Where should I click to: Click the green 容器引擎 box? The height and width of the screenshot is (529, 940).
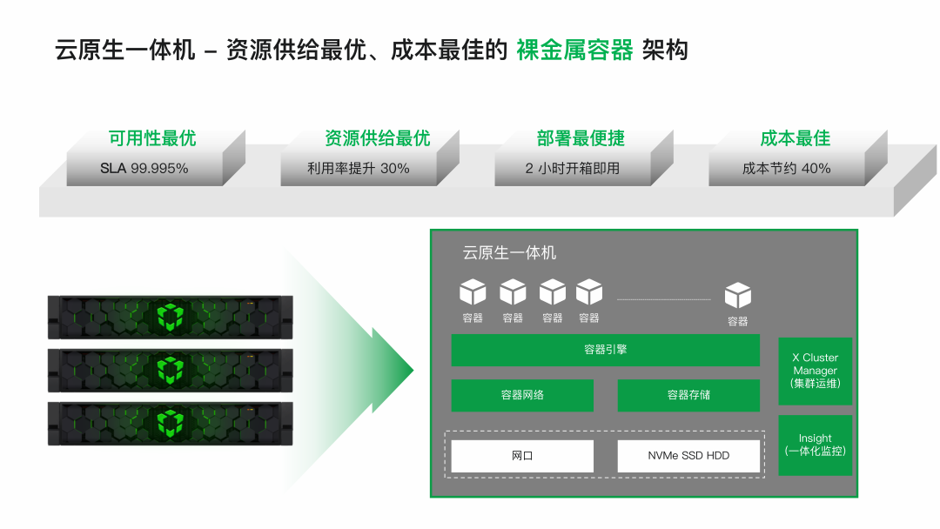tap(605, 350)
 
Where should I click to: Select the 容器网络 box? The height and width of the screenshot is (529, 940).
tap(522, 395)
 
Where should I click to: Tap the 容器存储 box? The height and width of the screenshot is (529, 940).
tap(688, 395)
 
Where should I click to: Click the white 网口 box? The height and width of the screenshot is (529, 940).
tap(522, 456)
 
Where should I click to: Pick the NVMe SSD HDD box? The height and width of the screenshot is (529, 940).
tap(688, 456)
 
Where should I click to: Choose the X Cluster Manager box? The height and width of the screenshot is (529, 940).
tap(815, 371)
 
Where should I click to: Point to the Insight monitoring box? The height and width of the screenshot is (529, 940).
tap(815, 445)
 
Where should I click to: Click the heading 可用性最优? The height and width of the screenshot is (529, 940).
tap(152, 138)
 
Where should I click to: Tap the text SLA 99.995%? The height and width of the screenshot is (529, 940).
tap(144, 169)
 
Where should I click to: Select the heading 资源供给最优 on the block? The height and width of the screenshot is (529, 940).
tap(377, 138)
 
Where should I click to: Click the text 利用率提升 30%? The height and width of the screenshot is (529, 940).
tap(358, 169)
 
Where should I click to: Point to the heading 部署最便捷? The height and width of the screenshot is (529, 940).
tap(581, 138)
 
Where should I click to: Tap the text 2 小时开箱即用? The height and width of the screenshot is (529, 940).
tap(572, 169)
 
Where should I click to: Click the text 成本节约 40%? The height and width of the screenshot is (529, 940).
tap(786, 169)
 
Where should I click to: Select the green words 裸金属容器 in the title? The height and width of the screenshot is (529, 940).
tap(574, 50)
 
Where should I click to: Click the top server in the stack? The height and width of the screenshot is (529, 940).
tap(170, 318)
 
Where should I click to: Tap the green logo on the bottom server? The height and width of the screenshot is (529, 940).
tap(170, 424)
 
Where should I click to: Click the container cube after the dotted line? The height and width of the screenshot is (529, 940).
tap(737, 296)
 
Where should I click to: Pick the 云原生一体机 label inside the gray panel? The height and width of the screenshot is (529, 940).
tap(509, 253)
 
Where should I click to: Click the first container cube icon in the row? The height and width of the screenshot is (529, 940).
tap(473, 292)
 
